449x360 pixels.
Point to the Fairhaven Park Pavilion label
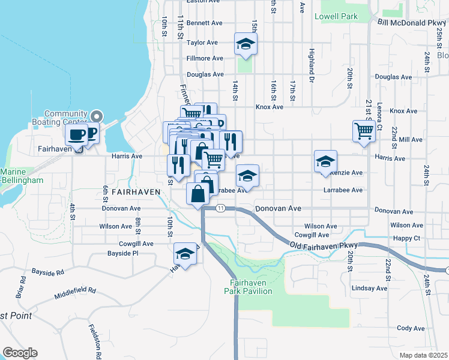(249, 287)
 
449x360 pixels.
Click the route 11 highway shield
(221, 208)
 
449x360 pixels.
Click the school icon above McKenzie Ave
(325, 161)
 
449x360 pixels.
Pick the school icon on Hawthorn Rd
(185, 253)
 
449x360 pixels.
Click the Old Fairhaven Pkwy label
(324, 245)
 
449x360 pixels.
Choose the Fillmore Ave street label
(205, 58)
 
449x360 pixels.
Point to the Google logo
(20, 352)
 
